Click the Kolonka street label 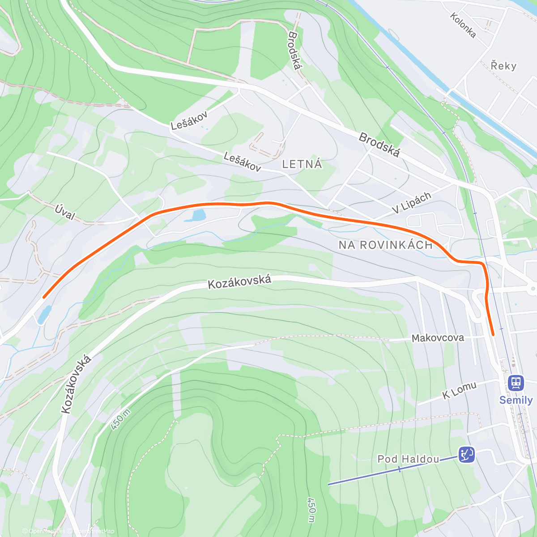coord(463,25)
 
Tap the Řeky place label coord(503,66)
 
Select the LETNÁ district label coord(302,165)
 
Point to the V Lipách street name coord(412,202)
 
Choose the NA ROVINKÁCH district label coord(385,245)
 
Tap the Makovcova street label coord(438,338)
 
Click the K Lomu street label coord(459,390)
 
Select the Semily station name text coord(516,400)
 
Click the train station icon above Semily coord(516,383)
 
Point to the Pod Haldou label coord(408,459)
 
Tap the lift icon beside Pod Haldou coord(466,455)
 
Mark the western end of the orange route coord(44,296)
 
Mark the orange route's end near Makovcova coord(493,334)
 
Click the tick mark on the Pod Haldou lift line coord(399,469)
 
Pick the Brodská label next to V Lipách coord(379,145)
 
